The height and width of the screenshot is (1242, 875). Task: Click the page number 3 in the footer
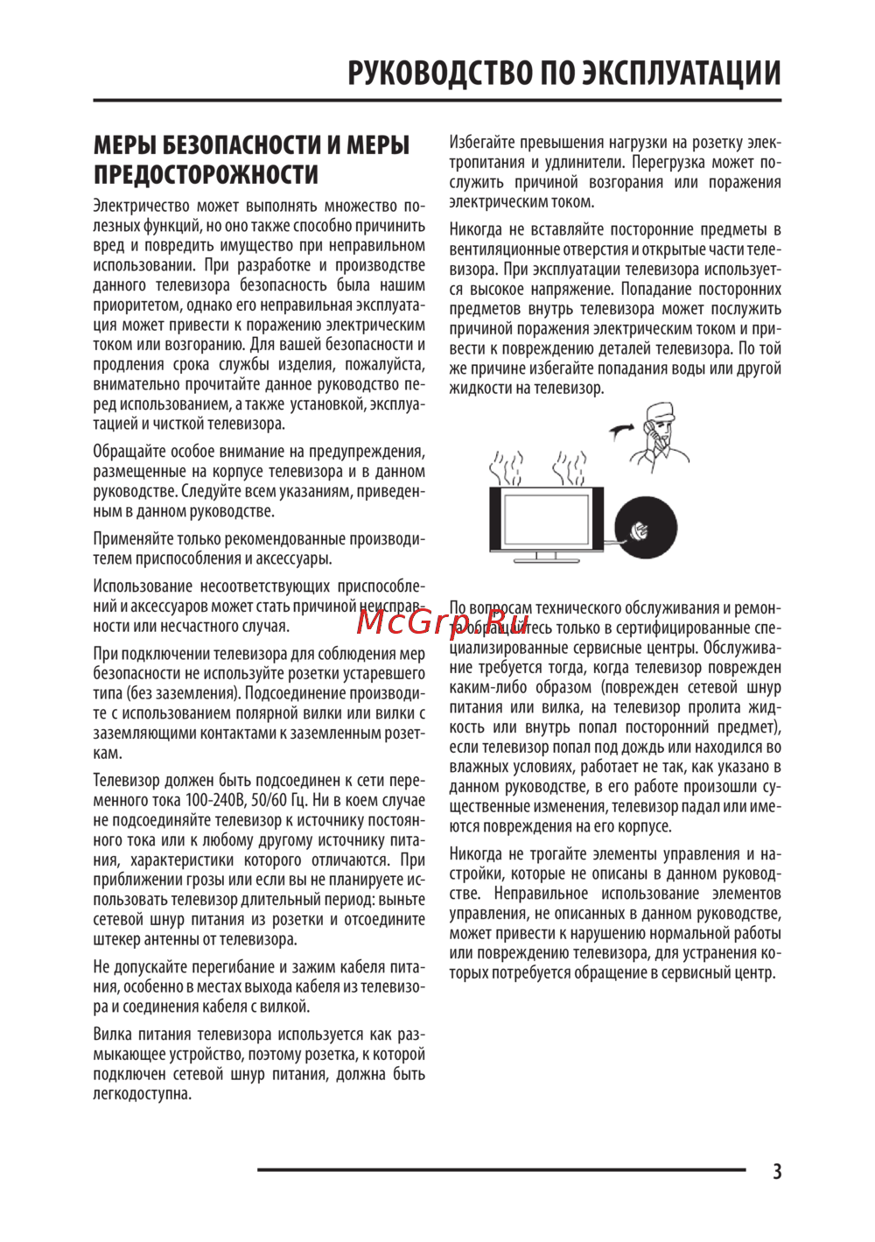click(x=777, y=1171)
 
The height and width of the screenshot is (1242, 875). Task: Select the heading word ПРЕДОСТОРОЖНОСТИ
click(x=206, y=174)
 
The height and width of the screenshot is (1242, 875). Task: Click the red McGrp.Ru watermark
click(x=443, y=621)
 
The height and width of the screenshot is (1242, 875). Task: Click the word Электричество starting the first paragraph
click(x=141, y=206)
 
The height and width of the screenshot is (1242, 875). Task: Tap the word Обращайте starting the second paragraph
click(x=129, y=452)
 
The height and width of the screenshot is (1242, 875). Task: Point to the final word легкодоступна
click(x=142, y=1094)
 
